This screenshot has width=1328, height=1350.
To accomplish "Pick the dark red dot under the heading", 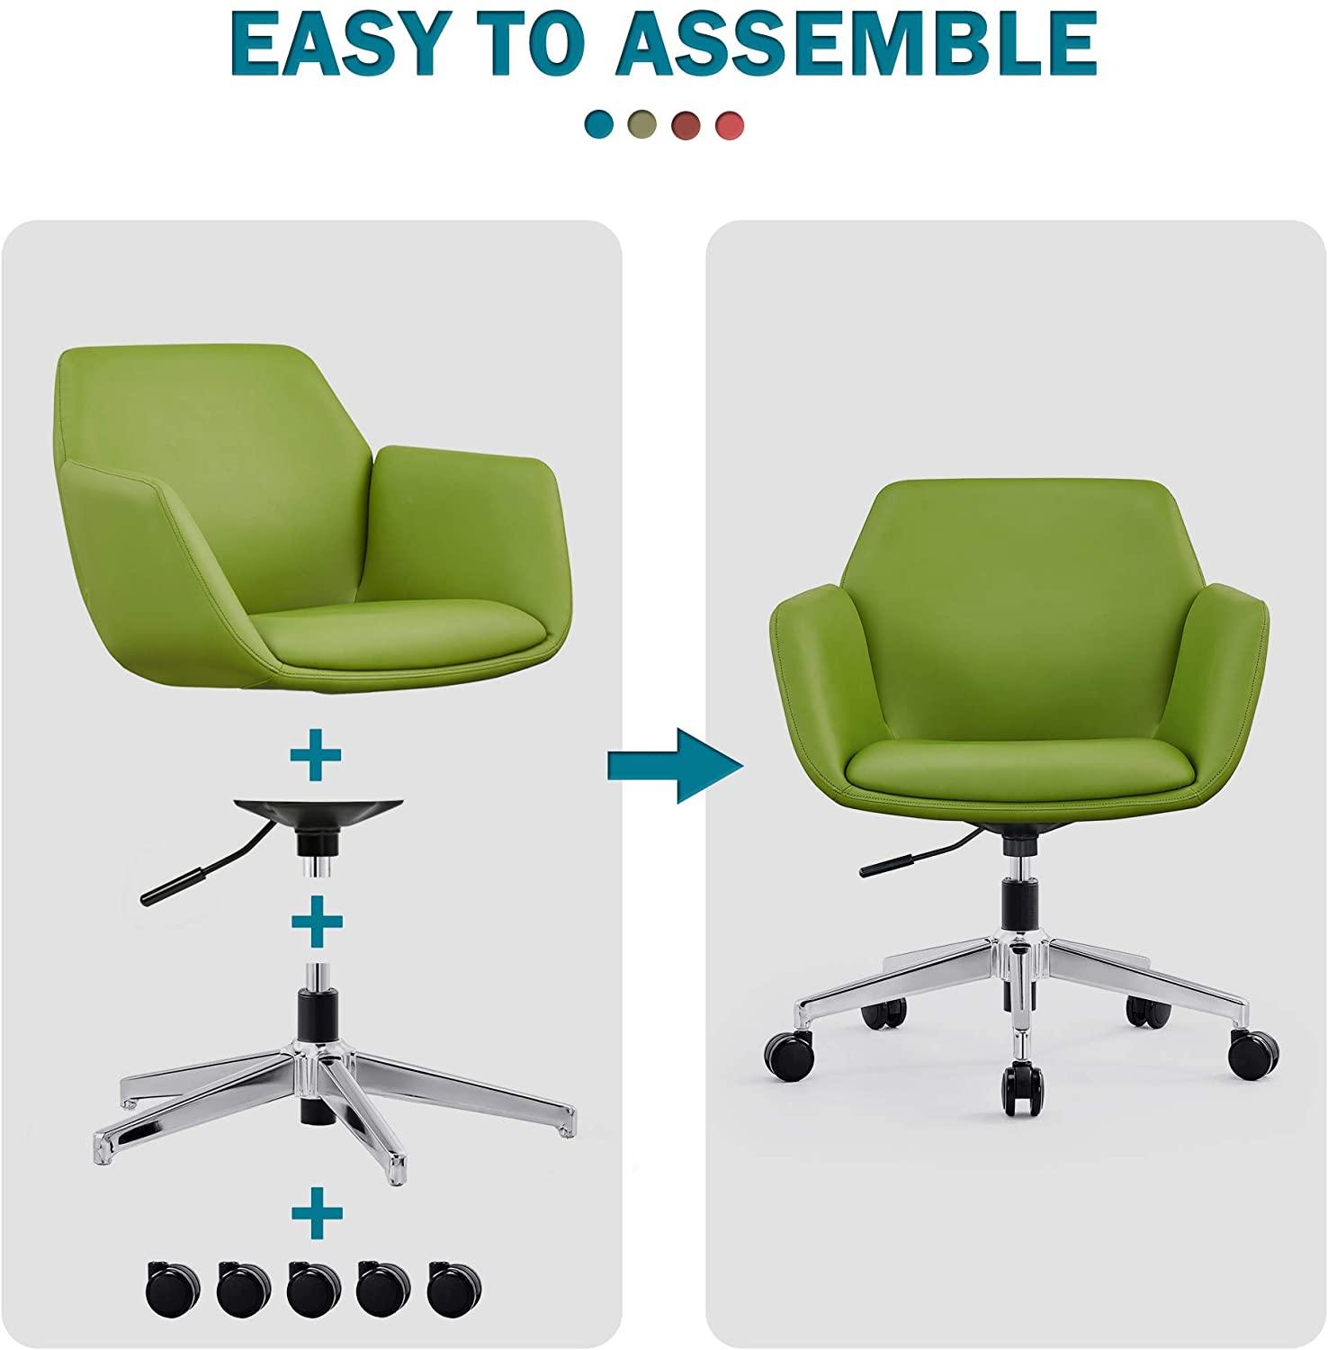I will (686, 124).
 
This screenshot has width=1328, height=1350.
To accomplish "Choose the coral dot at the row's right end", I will (730, 124).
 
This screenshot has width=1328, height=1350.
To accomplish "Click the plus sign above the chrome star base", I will (316, 921).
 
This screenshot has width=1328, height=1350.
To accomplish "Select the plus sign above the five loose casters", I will (316, 1213).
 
